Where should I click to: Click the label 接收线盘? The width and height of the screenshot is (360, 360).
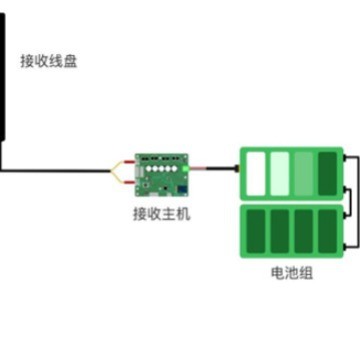pyautogui.click(x=48, y=61)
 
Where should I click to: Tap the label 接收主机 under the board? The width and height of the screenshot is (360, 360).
pyautogui.click(x=161, y=213)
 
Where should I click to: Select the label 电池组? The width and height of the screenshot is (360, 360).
pyautogui.click(x=291, y=273)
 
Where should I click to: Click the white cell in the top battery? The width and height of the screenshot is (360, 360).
pyautogui.click(x=256, y=172)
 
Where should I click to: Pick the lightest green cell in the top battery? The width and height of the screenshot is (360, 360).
pyautogui.click(x=280, y=172)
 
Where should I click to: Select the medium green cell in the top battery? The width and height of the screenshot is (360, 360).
pyautogui.click(x=304, y=172)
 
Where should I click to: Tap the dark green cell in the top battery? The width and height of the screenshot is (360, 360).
pyautogui.click(x=327, y=172)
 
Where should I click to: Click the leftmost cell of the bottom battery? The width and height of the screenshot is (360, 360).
pyautogui.click(x=256, y=229)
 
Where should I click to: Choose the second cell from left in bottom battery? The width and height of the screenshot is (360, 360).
pyautogui.click(x=280, y=229)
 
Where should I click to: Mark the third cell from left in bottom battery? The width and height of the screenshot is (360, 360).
pyautogui.click(x=304, y=229)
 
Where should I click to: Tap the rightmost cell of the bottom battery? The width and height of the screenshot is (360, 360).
pyautogui.click(x=327, y=229)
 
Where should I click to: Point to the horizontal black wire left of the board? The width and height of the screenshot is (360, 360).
pyautogui.click(x=60, y=170)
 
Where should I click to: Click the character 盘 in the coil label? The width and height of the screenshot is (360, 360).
pyautogui.click(x=70, y=61)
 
